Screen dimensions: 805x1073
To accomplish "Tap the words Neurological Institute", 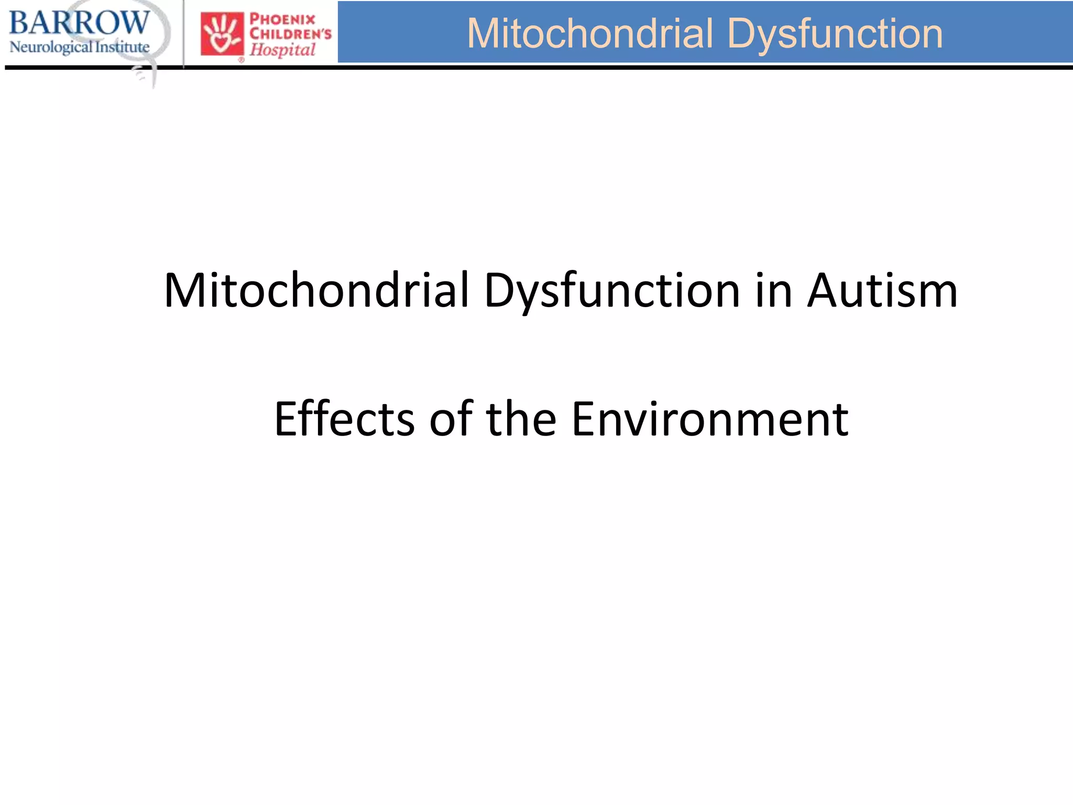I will coord(79,47).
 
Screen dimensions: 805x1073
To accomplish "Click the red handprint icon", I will coord(222,34).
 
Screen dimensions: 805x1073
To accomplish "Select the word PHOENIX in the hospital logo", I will coord(282,20).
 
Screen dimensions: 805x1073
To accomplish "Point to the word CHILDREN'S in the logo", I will coord(290,35).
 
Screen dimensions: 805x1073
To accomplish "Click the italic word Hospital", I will coord(282,50).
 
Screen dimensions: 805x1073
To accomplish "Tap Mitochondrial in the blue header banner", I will coord(590,34).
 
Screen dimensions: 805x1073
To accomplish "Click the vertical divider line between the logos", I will coord(184,34).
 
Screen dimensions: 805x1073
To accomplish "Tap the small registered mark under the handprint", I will coord(242,60).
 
